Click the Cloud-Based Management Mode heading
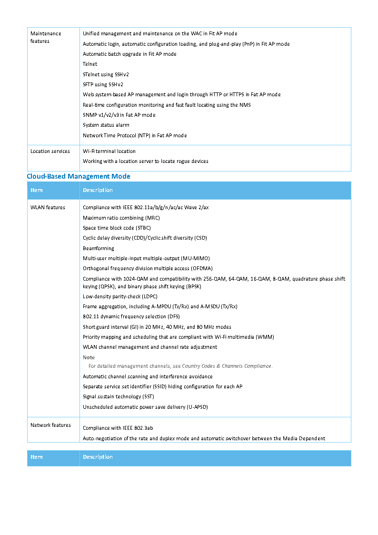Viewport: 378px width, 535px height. (79, 176)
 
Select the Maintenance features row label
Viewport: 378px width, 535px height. (46, 37)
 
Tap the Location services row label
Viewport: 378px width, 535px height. (50, 151)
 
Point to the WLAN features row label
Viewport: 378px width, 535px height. (48, 207)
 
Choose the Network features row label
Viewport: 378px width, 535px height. (50, 425)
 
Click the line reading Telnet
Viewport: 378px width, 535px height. (90, 64)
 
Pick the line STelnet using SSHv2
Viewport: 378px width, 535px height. (106, 74)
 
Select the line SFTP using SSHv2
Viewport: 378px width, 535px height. (102, 84)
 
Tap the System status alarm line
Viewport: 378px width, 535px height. (106, 125)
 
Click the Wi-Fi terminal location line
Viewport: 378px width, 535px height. (109, 151)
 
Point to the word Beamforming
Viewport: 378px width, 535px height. (99, 248)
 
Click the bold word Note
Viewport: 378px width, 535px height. (89, 357)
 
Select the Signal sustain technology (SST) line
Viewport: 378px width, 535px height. (118, 396)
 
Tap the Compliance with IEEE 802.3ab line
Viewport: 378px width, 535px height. (118, 428)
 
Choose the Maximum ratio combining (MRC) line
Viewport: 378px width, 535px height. (121, 218)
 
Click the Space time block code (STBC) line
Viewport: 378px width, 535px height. (117, 228)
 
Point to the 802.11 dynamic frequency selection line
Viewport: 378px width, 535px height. (131, 316)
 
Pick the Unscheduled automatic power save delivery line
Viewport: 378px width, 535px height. (145, 407)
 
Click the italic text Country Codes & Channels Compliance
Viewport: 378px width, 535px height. (227, 366)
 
